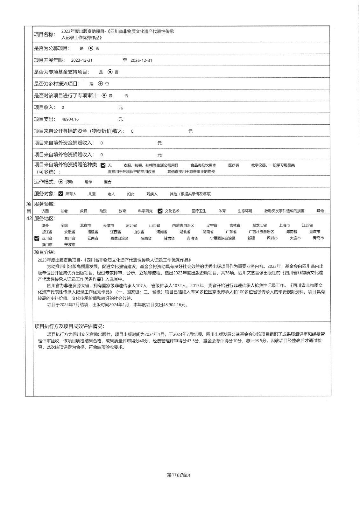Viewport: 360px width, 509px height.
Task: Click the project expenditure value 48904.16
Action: click(70, 119)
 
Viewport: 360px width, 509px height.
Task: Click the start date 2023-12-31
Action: click(82, 60)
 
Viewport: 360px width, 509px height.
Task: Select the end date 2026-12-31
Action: click(141, 60)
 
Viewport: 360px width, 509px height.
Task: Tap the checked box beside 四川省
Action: click(37, 238)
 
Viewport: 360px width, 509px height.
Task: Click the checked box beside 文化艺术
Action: click(160, 211)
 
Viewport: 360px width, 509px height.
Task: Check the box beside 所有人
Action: click(61, 194)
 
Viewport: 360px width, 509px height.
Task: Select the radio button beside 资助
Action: click(61, 182)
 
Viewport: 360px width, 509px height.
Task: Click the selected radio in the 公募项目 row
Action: click(91, 48)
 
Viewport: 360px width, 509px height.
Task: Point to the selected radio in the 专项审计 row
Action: click(104, 95)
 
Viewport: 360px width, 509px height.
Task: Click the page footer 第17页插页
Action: click(179, 475)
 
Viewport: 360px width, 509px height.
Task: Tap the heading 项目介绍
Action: click(45, 252)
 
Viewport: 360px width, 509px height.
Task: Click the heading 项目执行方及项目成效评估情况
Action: click(69, 326)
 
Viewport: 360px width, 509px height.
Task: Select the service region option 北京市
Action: click(85, 226)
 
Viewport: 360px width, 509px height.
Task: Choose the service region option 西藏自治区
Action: click(119, 238)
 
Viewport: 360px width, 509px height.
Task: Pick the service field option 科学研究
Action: click(145, 211)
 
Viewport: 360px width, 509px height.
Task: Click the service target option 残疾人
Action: click(152, 194)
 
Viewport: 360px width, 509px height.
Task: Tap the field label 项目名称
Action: click(45, 34)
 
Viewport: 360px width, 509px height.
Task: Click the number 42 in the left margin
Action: click(29, 219)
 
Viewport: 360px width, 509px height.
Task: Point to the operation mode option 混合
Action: click(108, 182)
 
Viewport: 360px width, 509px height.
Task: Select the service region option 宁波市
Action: click(70, 245)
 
